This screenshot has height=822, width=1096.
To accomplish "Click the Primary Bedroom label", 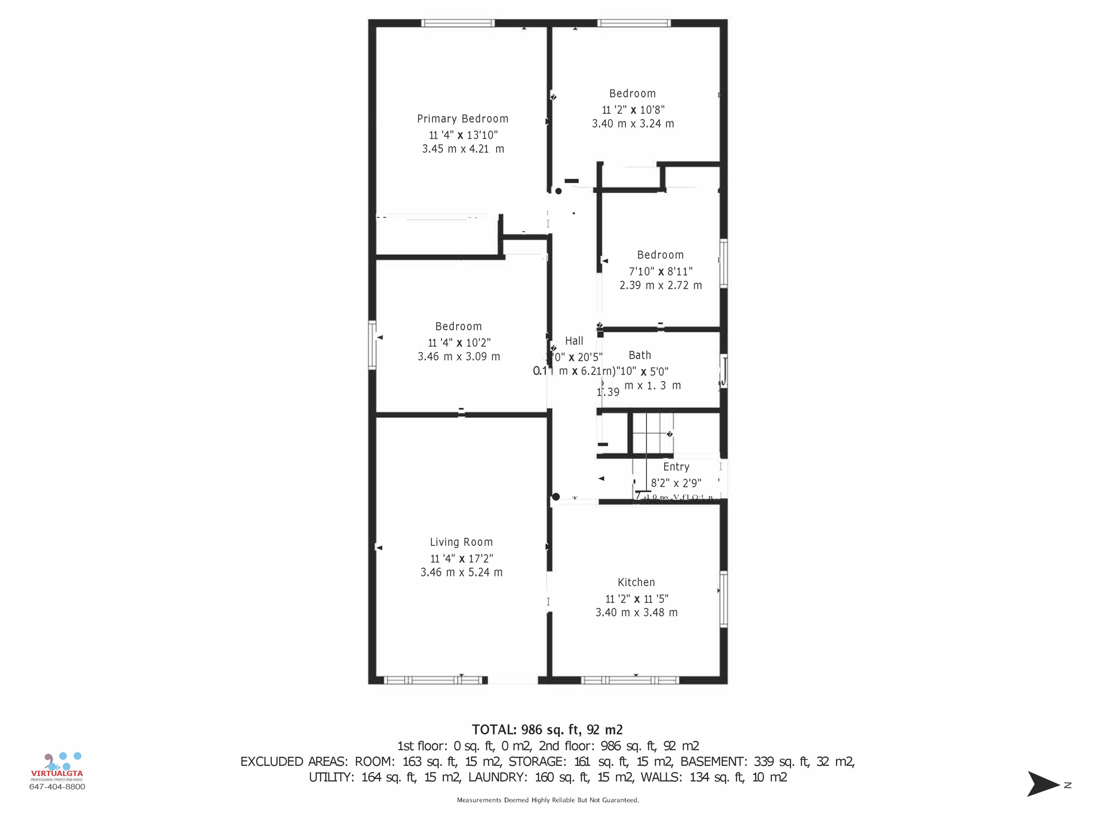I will click(462, 119).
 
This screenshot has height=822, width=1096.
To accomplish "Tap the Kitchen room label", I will click(636, 582).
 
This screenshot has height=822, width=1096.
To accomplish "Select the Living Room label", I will click(461, 542).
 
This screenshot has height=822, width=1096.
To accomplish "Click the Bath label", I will click(640, 355).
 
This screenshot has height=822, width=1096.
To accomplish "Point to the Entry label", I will click(676, 467).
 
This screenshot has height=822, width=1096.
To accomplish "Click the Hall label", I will click(574, 341).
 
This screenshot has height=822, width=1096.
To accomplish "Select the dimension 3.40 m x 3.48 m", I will click(636, 612).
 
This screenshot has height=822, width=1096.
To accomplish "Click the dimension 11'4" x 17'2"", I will click(461, 559).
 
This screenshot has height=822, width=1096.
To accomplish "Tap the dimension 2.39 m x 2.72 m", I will click(660, 285).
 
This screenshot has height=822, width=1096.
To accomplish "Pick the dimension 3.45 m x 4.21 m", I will click(463, 149).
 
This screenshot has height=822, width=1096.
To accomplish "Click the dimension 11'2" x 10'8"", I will click(633, 110).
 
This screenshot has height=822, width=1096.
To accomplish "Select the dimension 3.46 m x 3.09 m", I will click(459, 356).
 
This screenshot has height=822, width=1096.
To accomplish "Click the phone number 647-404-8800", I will click(57, 787).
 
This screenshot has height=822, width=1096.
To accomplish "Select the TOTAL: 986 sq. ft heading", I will click(547, 729).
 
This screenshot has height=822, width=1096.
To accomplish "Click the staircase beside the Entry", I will click(652, 432).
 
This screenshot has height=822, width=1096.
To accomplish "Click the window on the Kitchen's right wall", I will click(724, 598).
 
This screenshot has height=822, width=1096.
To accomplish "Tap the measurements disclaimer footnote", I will click(547, 800).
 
